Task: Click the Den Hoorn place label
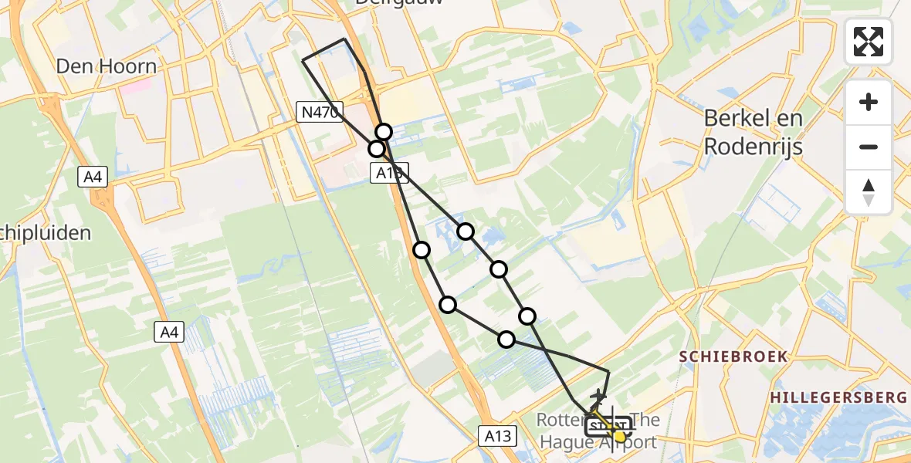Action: (x=106, y=66)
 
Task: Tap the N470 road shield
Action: (x=319, y=113)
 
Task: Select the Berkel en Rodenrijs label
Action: (x=753, y=132)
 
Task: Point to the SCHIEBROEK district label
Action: (x=733, y=356)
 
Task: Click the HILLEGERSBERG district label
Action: (x=837, y=397)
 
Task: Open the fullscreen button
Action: (x=869, y=42)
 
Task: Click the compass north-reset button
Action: (x=869, y=192)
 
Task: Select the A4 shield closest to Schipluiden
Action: (x=92, y=177)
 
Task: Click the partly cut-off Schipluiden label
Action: (x=46, y=232)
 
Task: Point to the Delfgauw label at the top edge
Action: (x=399, y=3)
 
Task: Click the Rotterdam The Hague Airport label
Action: (x=599, y=431)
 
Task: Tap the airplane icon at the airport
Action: (x=597, y=398)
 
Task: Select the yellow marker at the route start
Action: (x=618, y=436)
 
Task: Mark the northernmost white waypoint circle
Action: (x=384, y=132)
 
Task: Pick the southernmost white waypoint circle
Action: (x=506, y=339)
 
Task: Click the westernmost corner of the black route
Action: (x=302, y=59)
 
